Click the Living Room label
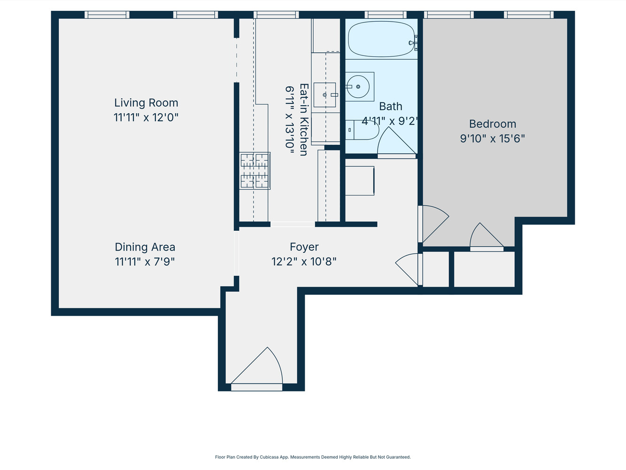[146, 103]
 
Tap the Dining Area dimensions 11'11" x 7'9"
[145, 262]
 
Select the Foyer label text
[304, 247]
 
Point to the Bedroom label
[493, 124]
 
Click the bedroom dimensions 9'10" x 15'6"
[492, 139]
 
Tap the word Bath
[391, 107]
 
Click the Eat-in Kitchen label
[304, 120]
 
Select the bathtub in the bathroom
[381, 39]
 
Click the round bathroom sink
[358, 87]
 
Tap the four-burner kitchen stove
[255, 170]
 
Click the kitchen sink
[325, 95]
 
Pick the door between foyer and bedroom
[433, 223]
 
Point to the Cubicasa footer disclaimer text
[313, 457]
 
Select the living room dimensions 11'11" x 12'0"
[146, 117]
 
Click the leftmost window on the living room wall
[107, 15]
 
